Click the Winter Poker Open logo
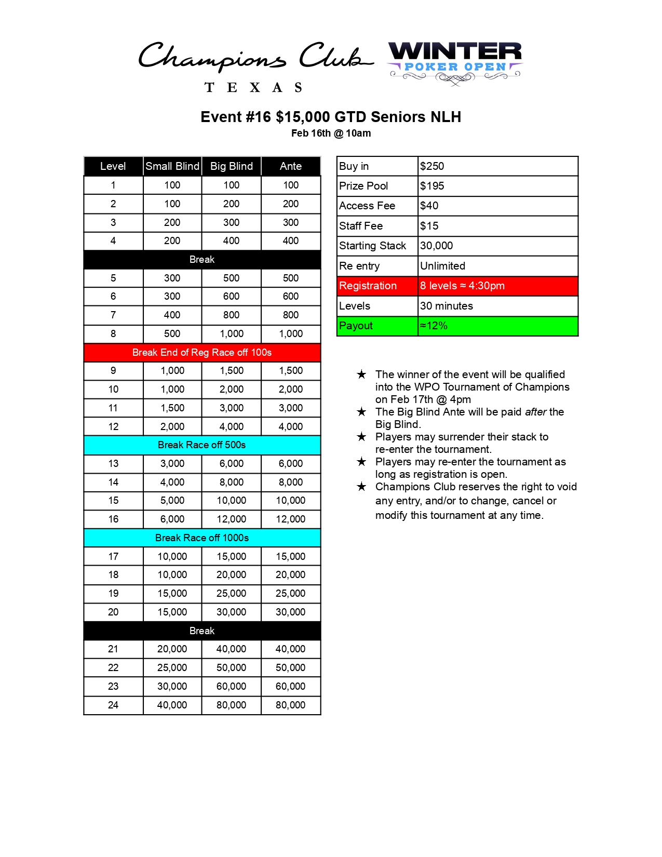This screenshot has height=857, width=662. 455,62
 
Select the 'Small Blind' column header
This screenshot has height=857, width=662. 172,166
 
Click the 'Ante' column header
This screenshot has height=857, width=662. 291,166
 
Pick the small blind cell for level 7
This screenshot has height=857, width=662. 172,315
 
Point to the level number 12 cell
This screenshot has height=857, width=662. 113,426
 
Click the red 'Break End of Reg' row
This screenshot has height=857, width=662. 202,353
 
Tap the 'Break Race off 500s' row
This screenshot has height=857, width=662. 202,445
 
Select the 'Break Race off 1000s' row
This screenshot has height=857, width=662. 202,538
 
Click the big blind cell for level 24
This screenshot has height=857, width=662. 232,705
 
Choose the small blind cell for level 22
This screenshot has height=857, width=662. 172,668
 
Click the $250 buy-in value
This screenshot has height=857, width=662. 432,166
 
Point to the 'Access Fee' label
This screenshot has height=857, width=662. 367,206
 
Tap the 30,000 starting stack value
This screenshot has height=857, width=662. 437,246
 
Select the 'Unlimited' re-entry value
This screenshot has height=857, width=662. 442,266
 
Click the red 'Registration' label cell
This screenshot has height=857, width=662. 368,286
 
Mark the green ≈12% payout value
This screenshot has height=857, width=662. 434,326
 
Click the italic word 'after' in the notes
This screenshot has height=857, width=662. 536,412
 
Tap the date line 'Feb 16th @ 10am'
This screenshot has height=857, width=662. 331,133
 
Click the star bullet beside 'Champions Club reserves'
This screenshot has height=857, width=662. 362,487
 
